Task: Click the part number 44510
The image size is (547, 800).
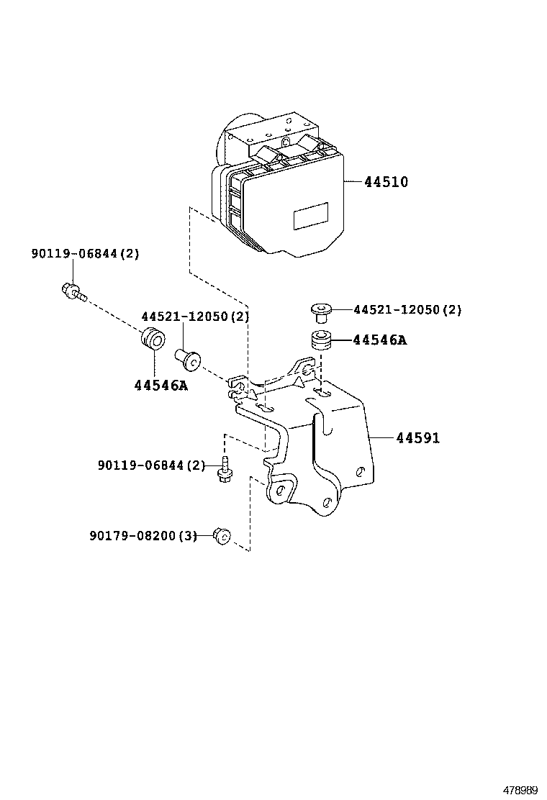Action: click(x=386, y=182)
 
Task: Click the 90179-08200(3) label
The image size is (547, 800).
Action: click(x=143, y=535)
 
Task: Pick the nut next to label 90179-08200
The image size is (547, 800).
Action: click(x=222, y=536)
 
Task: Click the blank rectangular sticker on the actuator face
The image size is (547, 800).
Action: click(x=310, y=216)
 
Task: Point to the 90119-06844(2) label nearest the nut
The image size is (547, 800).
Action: click(x=151, y=465)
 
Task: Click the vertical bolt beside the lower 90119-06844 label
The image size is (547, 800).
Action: click(x=225, y=469)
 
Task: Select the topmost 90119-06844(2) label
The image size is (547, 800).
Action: click(x=85, y=253)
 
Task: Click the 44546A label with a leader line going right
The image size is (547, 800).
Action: click(x=379, y=340)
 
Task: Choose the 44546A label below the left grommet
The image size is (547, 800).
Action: click(x=161, y=385)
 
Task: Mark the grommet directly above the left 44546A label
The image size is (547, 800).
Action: click(x=153, y=338)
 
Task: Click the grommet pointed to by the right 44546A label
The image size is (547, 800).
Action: click(x=321, y=340)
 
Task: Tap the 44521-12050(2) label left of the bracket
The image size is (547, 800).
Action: click(x=195, y=317)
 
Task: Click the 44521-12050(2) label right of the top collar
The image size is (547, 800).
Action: click(x=407, y=310)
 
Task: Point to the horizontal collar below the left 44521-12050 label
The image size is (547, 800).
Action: click(x=188, y=356)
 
